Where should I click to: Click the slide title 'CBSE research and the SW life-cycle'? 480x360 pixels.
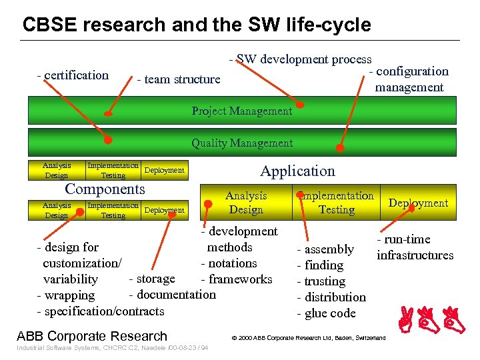click(x=197, y=25)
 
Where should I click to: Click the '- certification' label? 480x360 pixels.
click(x=73, y=75)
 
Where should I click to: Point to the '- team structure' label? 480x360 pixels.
click(x=178, y=79)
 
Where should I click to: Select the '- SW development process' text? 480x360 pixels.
click(x=301, y=59)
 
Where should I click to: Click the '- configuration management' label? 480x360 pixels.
click(x=409, y=79)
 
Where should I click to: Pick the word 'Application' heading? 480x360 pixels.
click(x=297, y=171)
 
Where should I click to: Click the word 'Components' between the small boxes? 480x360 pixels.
click(x=105, y=189)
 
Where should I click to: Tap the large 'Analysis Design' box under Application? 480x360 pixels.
click(x=246, y=203)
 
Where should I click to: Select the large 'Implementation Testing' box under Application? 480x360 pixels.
click(x=336, y=203)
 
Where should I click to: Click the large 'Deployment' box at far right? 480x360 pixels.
click(x=419, y=203)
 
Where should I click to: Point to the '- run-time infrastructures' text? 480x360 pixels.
click(x=415, y=247)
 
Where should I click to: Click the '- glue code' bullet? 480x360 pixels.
click(x=326, y=313)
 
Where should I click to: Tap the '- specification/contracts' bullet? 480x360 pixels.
click(x=100, y=311)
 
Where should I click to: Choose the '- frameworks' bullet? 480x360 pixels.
click(x=237, y=279)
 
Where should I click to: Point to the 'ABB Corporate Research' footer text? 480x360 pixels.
click(x=92, y=336)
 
